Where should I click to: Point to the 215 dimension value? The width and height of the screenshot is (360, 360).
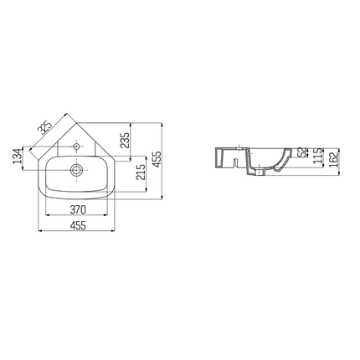(141, 172)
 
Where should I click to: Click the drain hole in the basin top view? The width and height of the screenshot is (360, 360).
(76, 168)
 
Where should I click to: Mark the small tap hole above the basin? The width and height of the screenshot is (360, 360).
(76, 144)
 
